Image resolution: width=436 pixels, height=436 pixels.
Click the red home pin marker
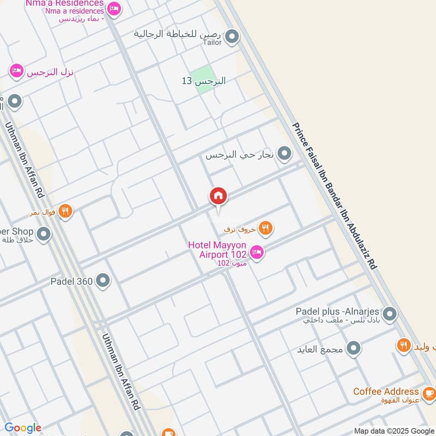pos(218,196)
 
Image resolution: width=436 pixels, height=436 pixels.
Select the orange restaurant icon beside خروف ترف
pos(265,228)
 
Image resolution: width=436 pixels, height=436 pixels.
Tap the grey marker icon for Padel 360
pos(102,281)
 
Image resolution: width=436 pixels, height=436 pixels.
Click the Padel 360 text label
pos(71,281)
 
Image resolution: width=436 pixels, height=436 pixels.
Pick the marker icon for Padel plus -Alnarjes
pos(389,314)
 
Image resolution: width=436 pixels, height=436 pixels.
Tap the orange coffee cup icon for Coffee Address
pos(429,392)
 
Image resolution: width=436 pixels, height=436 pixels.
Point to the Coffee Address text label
pos(386,392)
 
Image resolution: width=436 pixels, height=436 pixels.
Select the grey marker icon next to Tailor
pos(232,37)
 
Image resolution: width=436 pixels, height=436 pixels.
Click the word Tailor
pos(212,42)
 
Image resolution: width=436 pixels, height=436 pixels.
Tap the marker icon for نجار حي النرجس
pos(284,155)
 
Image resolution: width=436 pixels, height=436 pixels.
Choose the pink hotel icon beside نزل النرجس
pos(17,71)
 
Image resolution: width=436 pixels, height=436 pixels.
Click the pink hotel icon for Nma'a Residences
pos(114,8)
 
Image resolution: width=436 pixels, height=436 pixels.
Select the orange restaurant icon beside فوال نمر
pos(65,211)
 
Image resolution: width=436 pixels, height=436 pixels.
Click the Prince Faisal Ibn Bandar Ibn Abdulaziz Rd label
pos(335,195)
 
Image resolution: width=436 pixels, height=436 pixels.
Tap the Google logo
pos(23,428)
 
